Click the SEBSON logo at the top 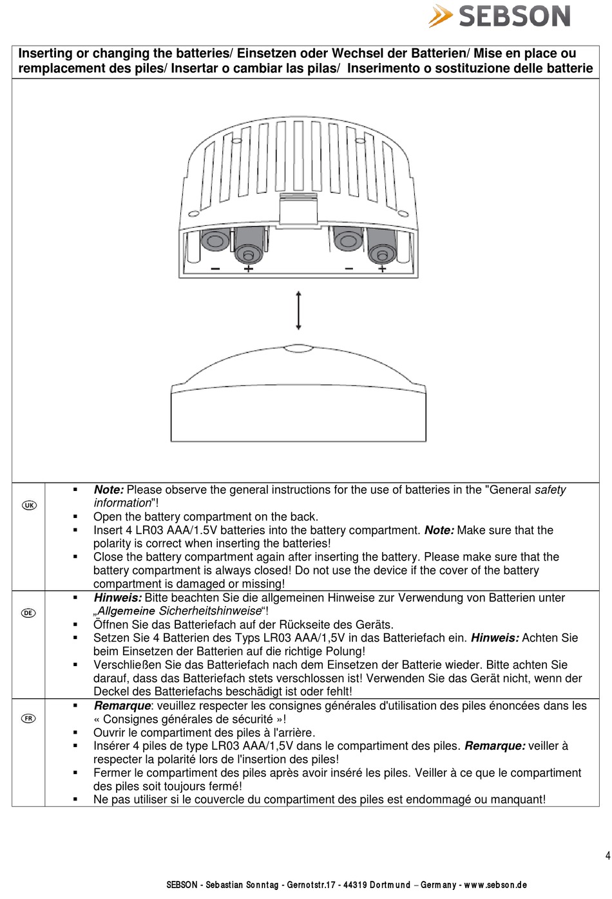500,16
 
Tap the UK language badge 29,505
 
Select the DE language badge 28,613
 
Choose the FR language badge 28,718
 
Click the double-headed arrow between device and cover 298,310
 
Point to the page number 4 607,856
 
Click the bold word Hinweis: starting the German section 118,598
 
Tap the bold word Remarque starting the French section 122,706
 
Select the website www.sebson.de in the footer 495,885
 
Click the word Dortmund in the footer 390,885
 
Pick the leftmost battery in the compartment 215,241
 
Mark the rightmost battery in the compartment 382,245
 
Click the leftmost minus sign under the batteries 215,268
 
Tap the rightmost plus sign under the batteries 382,268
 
